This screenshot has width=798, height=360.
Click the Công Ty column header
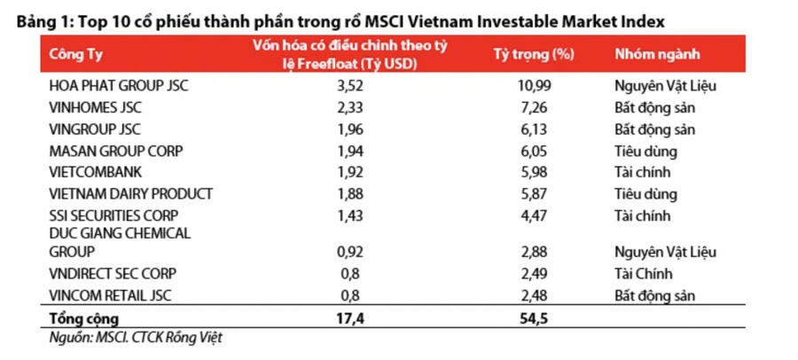[76, 54]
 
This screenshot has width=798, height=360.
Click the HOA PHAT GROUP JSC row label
[119, 86]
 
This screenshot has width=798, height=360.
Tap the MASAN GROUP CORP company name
[116, 151]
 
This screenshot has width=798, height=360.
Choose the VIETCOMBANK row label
[96, 172]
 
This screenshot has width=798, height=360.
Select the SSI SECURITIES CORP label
[114, 215]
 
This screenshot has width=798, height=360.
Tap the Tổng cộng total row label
[83, 317]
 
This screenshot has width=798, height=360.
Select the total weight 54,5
[530, 317]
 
